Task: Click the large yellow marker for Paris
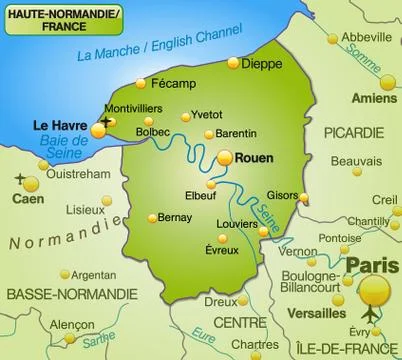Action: pyautogui.click(x=375, y=290)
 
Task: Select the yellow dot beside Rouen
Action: pyautogui.click(x=226, y=158)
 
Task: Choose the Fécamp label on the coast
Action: pyautogui.click(x=173, y=82)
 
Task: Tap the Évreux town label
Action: pyautogui.click(x=222, y=251)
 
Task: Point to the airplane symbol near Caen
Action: pyautogui.click(x=20, y=179)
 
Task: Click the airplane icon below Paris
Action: pyautogui.click(x=373, y=316)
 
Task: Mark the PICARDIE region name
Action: pyautogui.click(x=353, y=132)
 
